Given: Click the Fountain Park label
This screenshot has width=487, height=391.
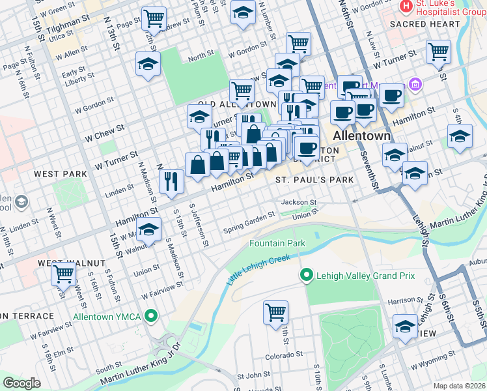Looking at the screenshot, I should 277,243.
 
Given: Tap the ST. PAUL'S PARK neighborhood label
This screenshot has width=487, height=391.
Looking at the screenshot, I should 314,180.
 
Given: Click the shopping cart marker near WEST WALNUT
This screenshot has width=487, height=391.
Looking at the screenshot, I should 63,272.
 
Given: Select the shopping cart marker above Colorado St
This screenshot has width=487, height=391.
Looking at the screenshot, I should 275,311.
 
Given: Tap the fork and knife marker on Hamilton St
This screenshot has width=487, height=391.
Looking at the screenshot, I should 171,180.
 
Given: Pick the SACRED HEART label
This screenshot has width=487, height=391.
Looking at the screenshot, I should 425,24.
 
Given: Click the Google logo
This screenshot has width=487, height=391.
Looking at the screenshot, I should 21,383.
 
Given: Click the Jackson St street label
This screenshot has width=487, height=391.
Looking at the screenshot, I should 298,203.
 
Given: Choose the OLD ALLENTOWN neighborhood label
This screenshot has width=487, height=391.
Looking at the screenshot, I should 237,104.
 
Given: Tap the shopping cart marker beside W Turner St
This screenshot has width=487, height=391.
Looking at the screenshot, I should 438,51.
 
